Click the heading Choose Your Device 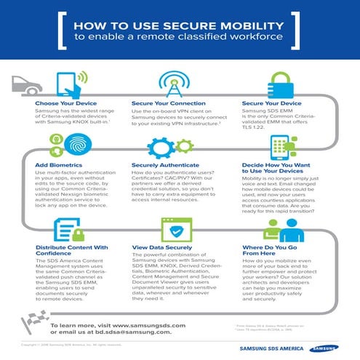[66, 104]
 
